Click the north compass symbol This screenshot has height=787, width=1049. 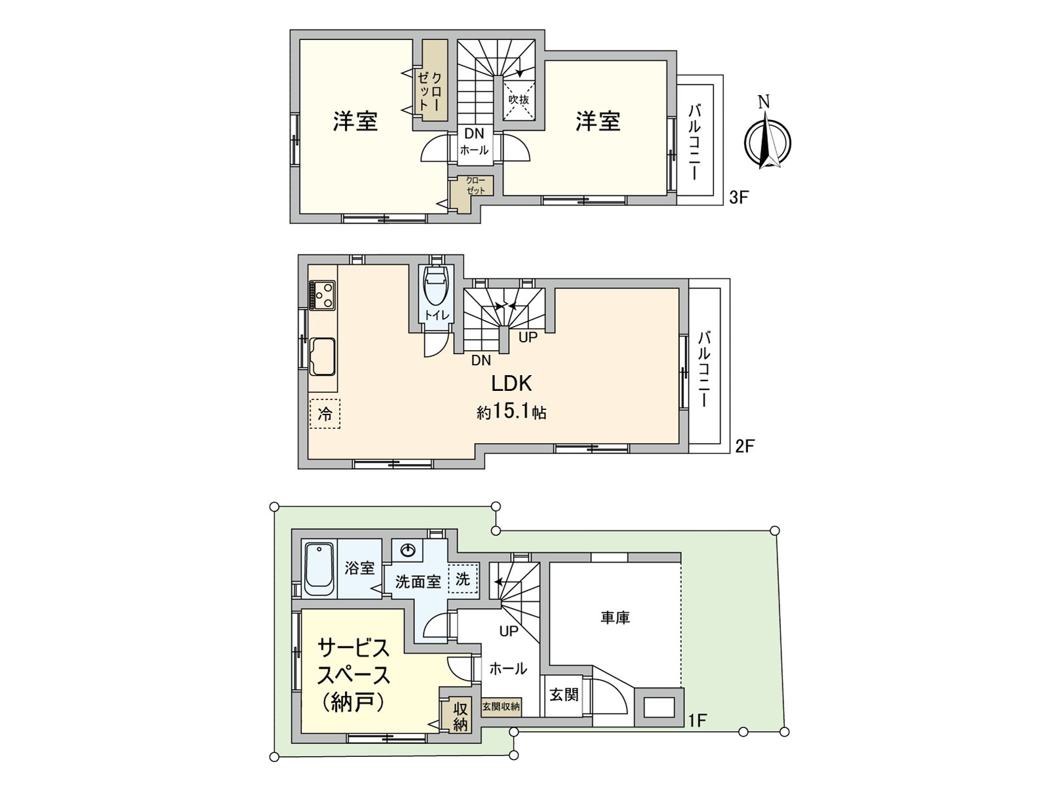pos(767,141)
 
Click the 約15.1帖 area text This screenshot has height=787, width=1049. pos(511,413)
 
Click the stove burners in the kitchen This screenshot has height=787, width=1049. pos(322,294)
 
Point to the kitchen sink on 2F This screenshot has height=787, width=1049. pos(323,355)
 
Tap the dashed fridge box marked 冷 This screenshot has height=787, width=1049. pos(325,414)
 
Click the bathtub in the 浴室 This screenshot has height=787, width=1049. pos(320,569)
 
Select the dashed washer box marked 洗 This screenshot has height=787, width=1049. pos(463,579)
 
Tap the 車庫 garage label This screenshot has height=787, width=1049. pos(615,617)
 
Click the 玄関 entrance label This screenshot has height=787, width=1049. pos(563,695)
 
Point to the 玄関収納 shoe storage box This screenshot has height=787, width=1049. pos(501,706)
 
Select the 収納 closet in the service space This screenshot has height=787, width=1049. pos(460,716)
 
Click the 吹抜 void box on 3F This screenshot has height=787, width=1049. pos(519,100)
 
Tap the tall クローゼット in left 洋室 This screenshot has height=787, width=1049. pos(433,81)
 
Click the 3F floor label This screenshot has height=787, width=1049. pos(739,197)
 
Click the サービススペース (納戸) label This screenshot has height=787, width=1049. pos(353,675)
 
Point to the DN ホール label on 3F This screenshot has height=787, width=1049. pos(474,142)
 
